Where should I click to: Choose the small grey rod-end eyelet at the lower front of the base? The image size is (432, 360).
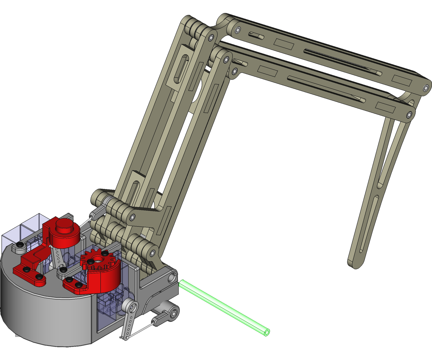point(173,314)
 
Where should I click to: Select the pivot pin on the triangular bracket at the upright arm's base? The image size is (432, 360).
point(132,217)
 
